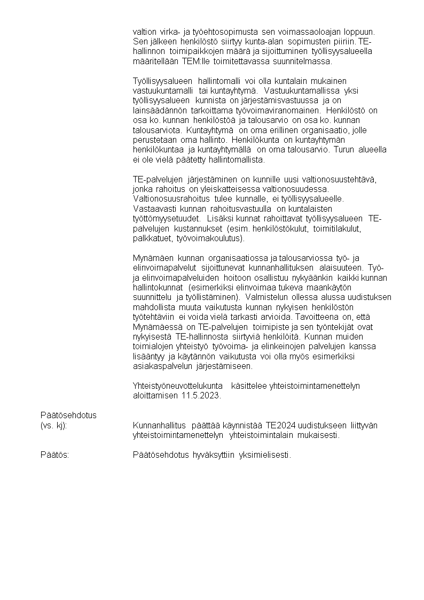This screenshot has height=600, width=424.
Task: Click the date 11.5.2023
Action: pyautogui.click(x=201, y=396)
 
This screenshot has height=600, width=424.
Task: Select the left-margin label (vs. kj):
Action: pyautogui.click(x=57, y=425)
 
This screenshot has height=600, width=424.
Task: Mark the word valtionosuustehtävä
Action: pyautogui.click(x=344, y=179)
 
